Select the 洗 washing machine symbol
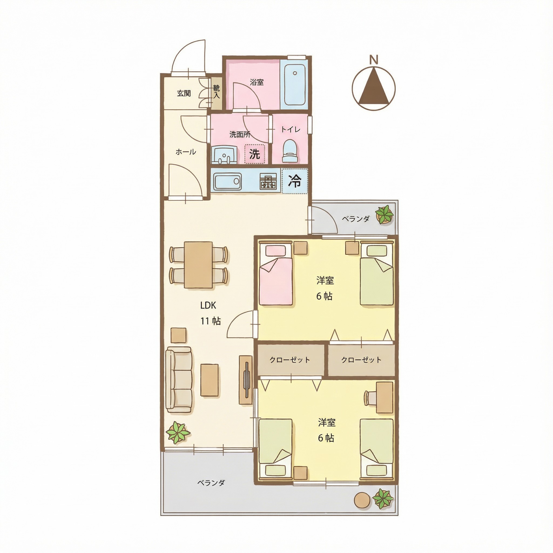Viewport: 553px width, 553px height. [x=254, y=154]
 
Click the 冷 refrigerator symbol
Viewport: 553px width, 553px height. [x=295, y=181]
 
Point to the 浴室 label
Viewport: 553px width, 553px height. [x=257, y=82]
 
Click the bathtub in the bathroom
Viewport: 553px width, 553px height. [x=295, y=85]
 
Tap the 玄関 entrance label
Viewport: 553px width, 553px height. [x=184, y=93]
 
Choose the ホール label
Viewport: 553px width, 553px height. [x=186, y=152]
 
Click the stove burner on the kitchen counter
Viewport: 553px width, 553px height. [x=268, y=181]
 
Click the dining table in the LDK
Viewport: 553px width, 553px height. [x=198, y=265]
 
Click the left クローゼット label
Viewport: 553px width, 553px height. [x=290, y=360]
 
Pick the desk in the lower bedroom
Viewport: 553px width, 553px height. [x=385, y=397]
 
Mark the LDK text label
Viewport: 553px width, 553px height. [x=208, y=306]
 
